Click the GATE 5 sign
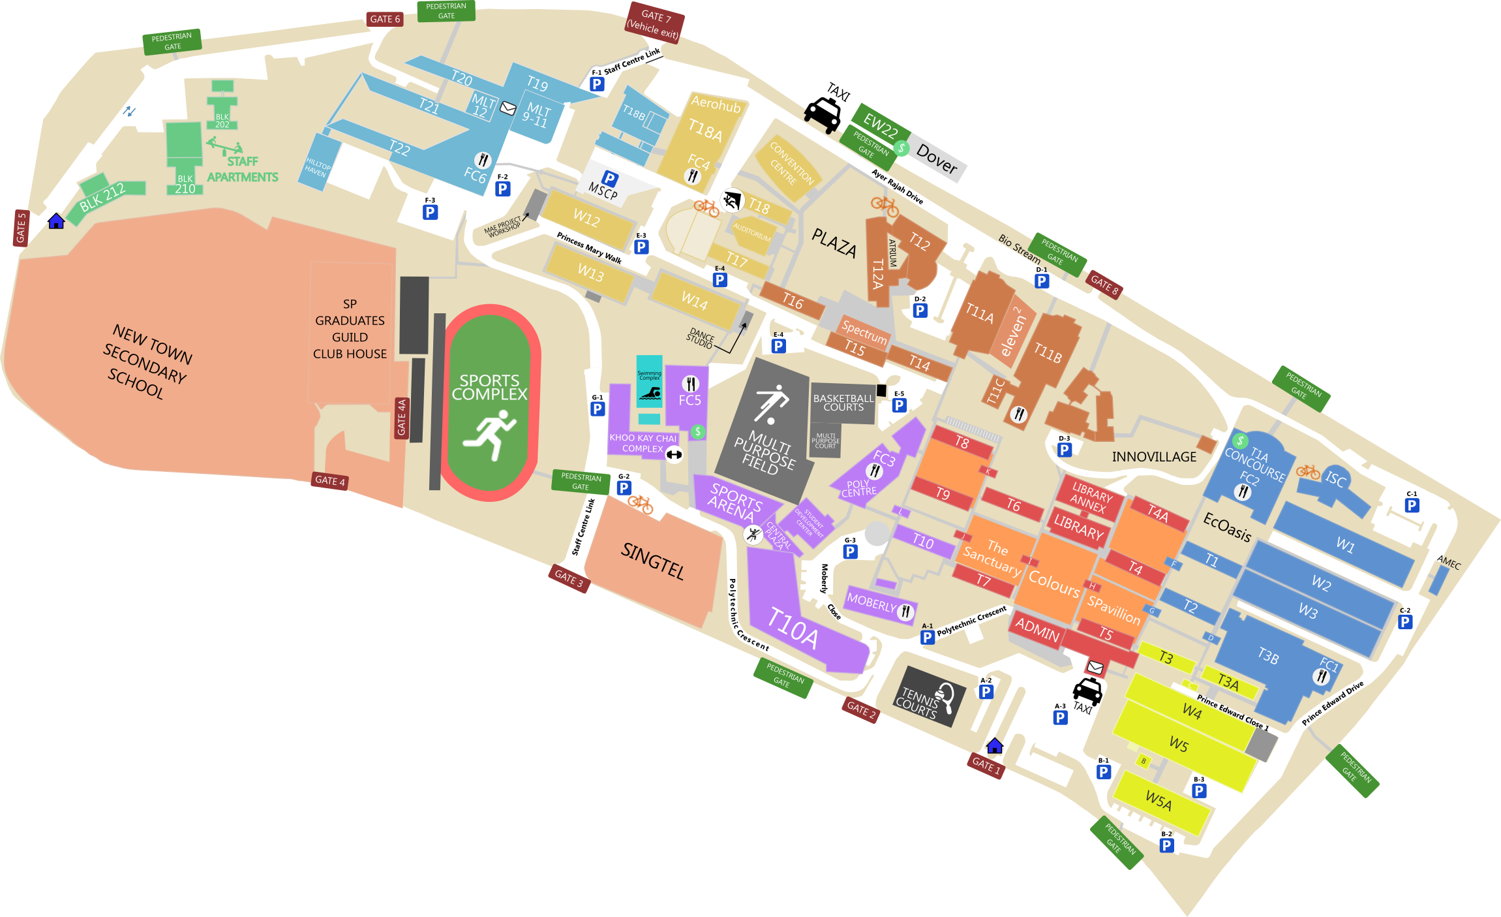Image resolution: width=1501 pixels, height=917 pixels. (21, 228)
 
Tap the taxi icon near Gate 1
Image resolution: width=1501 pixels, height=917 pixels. (1087, 691)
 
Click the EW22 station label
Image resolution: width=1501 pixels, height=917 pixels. (880, 125)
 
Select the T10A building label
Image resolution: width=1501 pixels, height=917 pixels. (793, 627)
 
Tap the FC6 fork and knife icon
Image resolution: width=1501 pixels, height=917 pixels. (483, 160)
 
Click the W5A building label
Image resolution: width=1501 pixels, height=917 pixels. (1159, 800)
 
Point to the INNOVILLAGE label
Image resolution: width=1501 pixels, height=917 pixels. (1154, 457)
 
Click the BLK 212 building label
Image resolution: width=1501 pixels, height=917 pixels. (102, 198)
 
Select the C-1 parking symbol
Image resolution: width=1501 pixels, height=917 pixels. (1412, 505)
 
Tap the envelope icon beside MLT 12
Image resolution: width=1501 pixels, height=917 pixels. (508, 108)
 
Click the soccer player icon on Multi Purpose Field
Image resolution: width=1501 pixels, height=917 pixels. (771, 403)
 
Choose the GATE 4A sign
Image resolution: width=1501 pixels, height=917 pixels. (402, 418)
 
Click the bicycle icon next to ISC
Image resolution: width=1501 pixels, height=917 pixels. (1307, 471)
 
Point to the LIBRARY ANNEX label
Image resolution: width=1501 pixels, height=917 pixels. (1091, 498)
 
